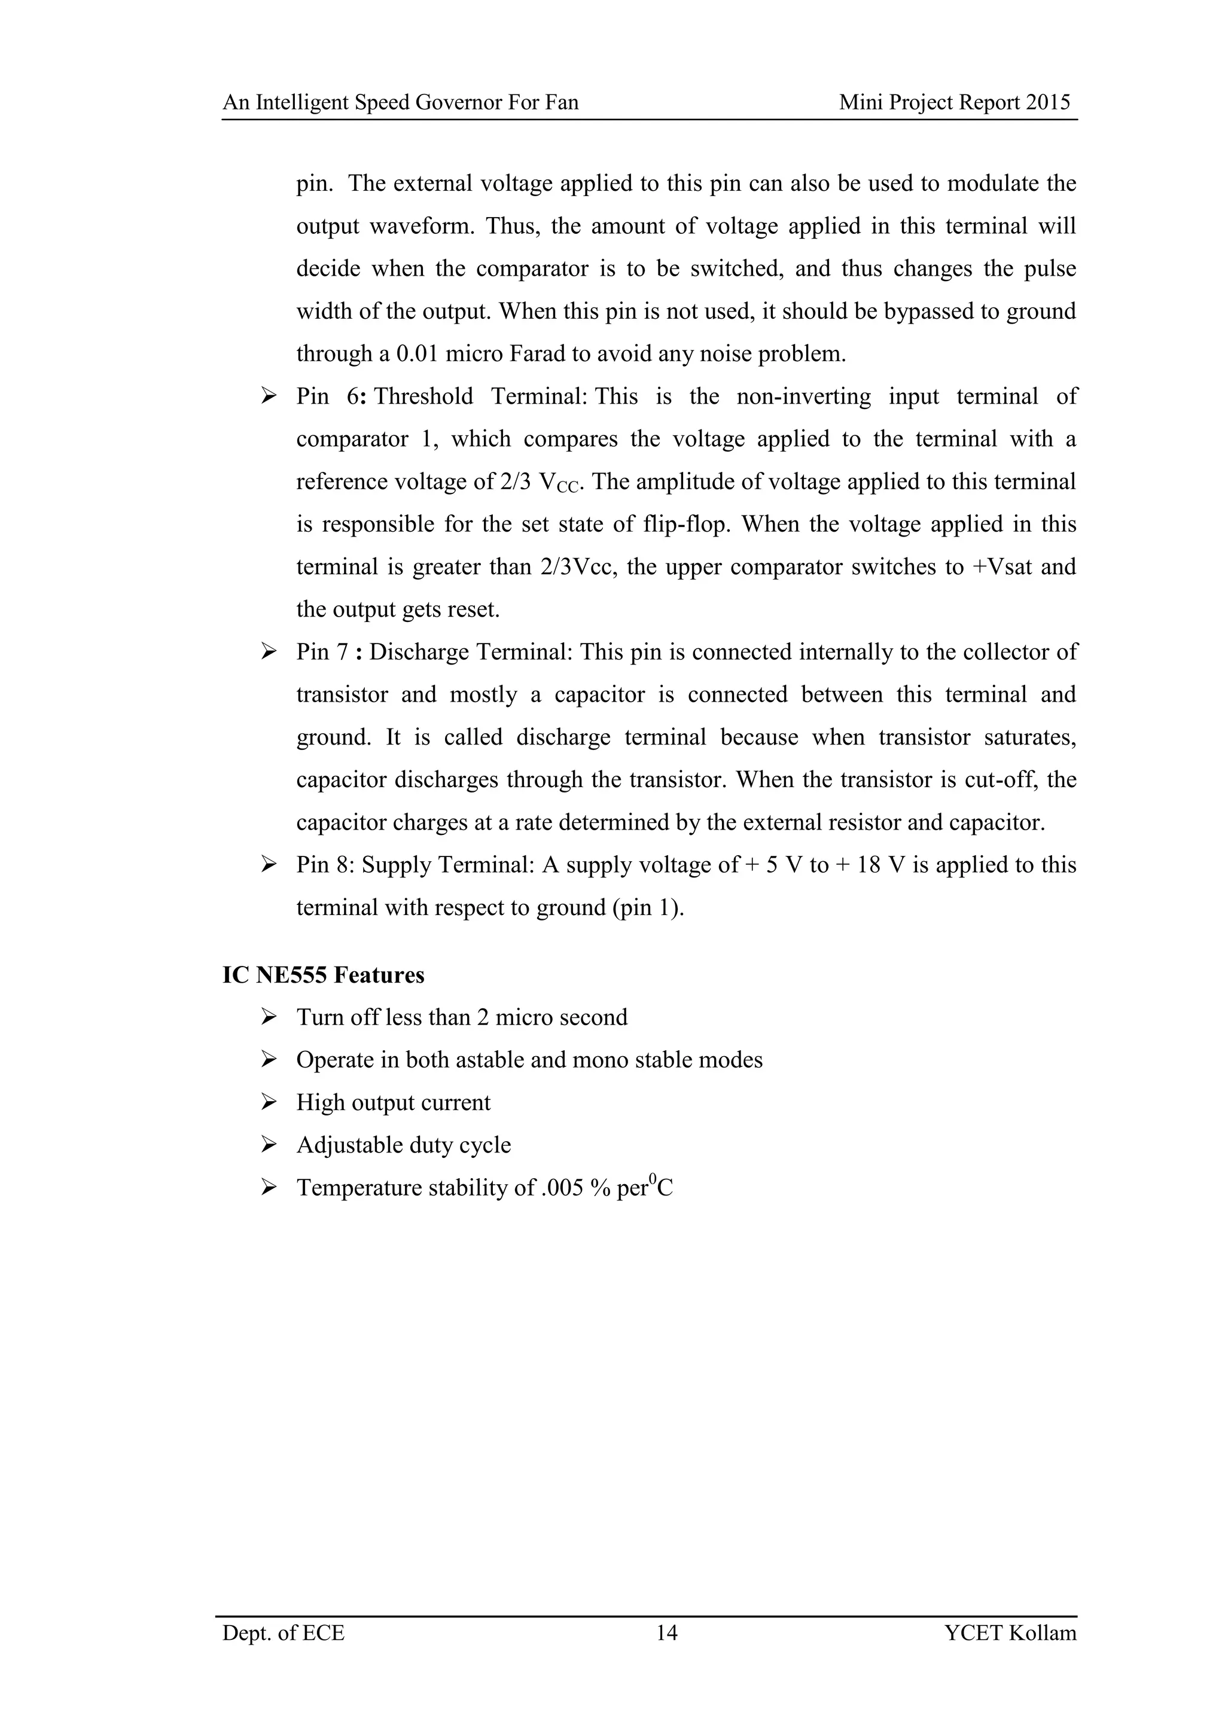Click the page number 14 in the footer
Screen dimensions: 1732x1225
(x=666, y=1654)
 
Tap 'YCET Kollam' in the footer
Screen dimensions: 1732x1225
(x=1010, y=1654)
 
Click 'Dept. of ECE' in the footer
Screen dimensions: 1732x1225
(x=284, y=1654)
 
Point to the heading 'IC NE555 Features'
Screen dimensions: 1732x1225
(x=323, y=975)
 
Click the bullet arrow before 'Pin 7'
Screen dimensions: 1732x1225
(x=269, y=651)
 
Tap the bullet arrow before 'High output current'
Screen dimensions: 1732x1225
(x=269, y=1102)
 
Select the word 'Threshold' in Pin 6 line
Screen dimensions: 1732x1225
(x=423, y=396)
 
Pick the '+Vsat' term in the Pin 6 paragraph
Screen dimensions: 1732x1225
(x=1002, y=566)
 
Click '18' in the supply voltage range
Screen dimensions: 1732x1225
(x=869, y=864)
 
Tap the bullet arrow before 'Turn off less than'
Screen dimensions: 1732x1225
(x=269, y=1017)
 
